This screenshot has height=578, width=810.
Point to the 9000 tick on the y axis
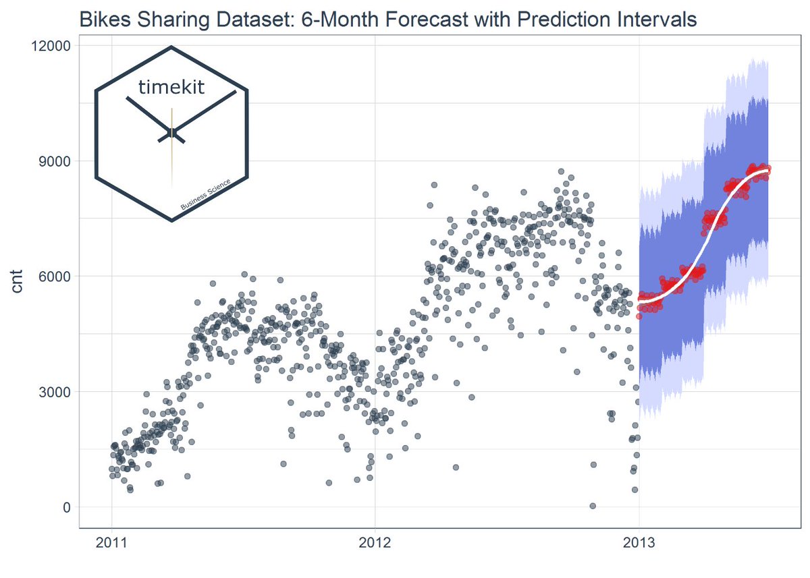point(55,161)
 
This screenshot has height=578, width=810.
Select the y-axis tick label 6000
point(55,277)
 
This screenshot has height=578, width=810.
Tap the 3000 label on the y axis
point(55,392)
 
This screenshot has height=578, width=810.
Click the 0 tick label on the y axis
point(67,507)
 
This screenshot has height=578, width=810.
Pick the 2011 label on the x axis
point(112,544)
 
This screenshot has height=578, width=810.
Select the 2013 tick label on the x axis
point(639,544)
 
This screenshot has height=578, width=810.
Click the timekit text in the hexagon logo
point(171,87)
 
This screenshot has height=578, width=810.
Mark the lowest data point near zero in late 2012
point(592,506)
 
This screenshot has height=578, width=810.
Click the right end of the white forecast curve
point(767,171)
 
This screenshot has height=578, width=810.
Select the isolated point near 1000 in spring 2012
point(456,467)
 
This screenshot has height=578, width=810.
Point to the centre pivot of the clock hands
point(171,133)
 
